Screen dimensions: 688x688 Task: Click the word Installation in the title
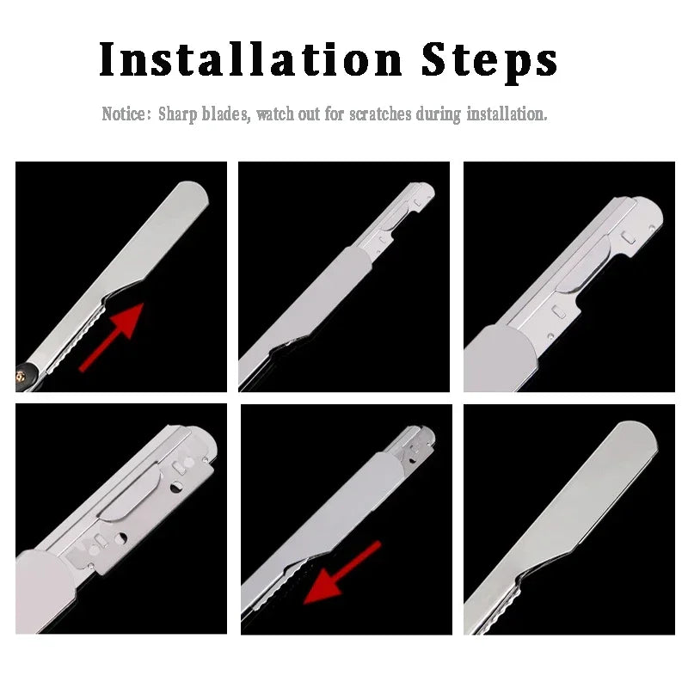click(x=250, y=59)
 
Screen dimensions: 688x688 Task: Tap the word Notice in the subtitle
click(x=124, y=114)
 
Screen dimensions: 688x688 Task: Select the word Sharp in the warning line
click(x=178, y=114)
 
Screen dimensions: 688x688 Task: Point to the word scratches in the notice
click(x=380, y=114)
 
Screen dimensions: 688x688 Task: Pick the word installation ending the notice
click(x=507, y=114)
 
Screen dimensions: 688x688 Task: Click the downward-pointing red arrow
click(x=341, y=573)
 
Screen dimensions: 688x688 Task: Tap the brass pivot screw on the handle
click(x=20, y=376)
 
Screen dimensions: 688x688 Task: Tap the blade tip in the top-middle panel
click(x=423, y=192)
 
